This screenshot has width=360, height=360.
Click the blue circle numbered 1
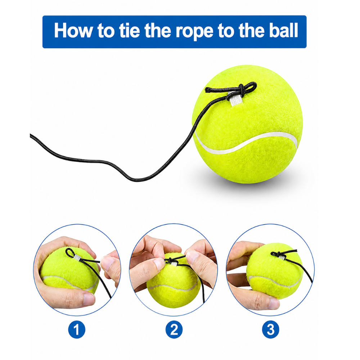[x=77, y=329]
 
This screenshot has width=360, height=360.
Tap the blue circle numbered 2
[x=174, y=329]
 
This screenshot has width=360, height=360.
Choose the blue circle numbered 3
[x=271, y=329]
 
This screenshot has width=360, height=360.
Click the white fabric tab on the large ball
[x=234, y=99]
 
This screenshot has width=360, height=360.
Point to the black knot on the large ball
[x=241, y=89]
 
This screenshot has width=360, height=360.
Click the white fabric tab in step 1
[x=78, y=259]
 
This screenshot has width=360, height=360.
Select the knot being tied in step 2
[x=170, y=261]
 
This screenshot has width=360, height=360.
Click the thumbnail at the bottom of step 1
[x=89, y=299]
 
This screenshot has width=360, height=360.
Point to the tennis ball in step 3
[x=275, y=271]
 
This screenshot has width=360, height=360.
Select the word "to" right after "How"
[x=106, y=31]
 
